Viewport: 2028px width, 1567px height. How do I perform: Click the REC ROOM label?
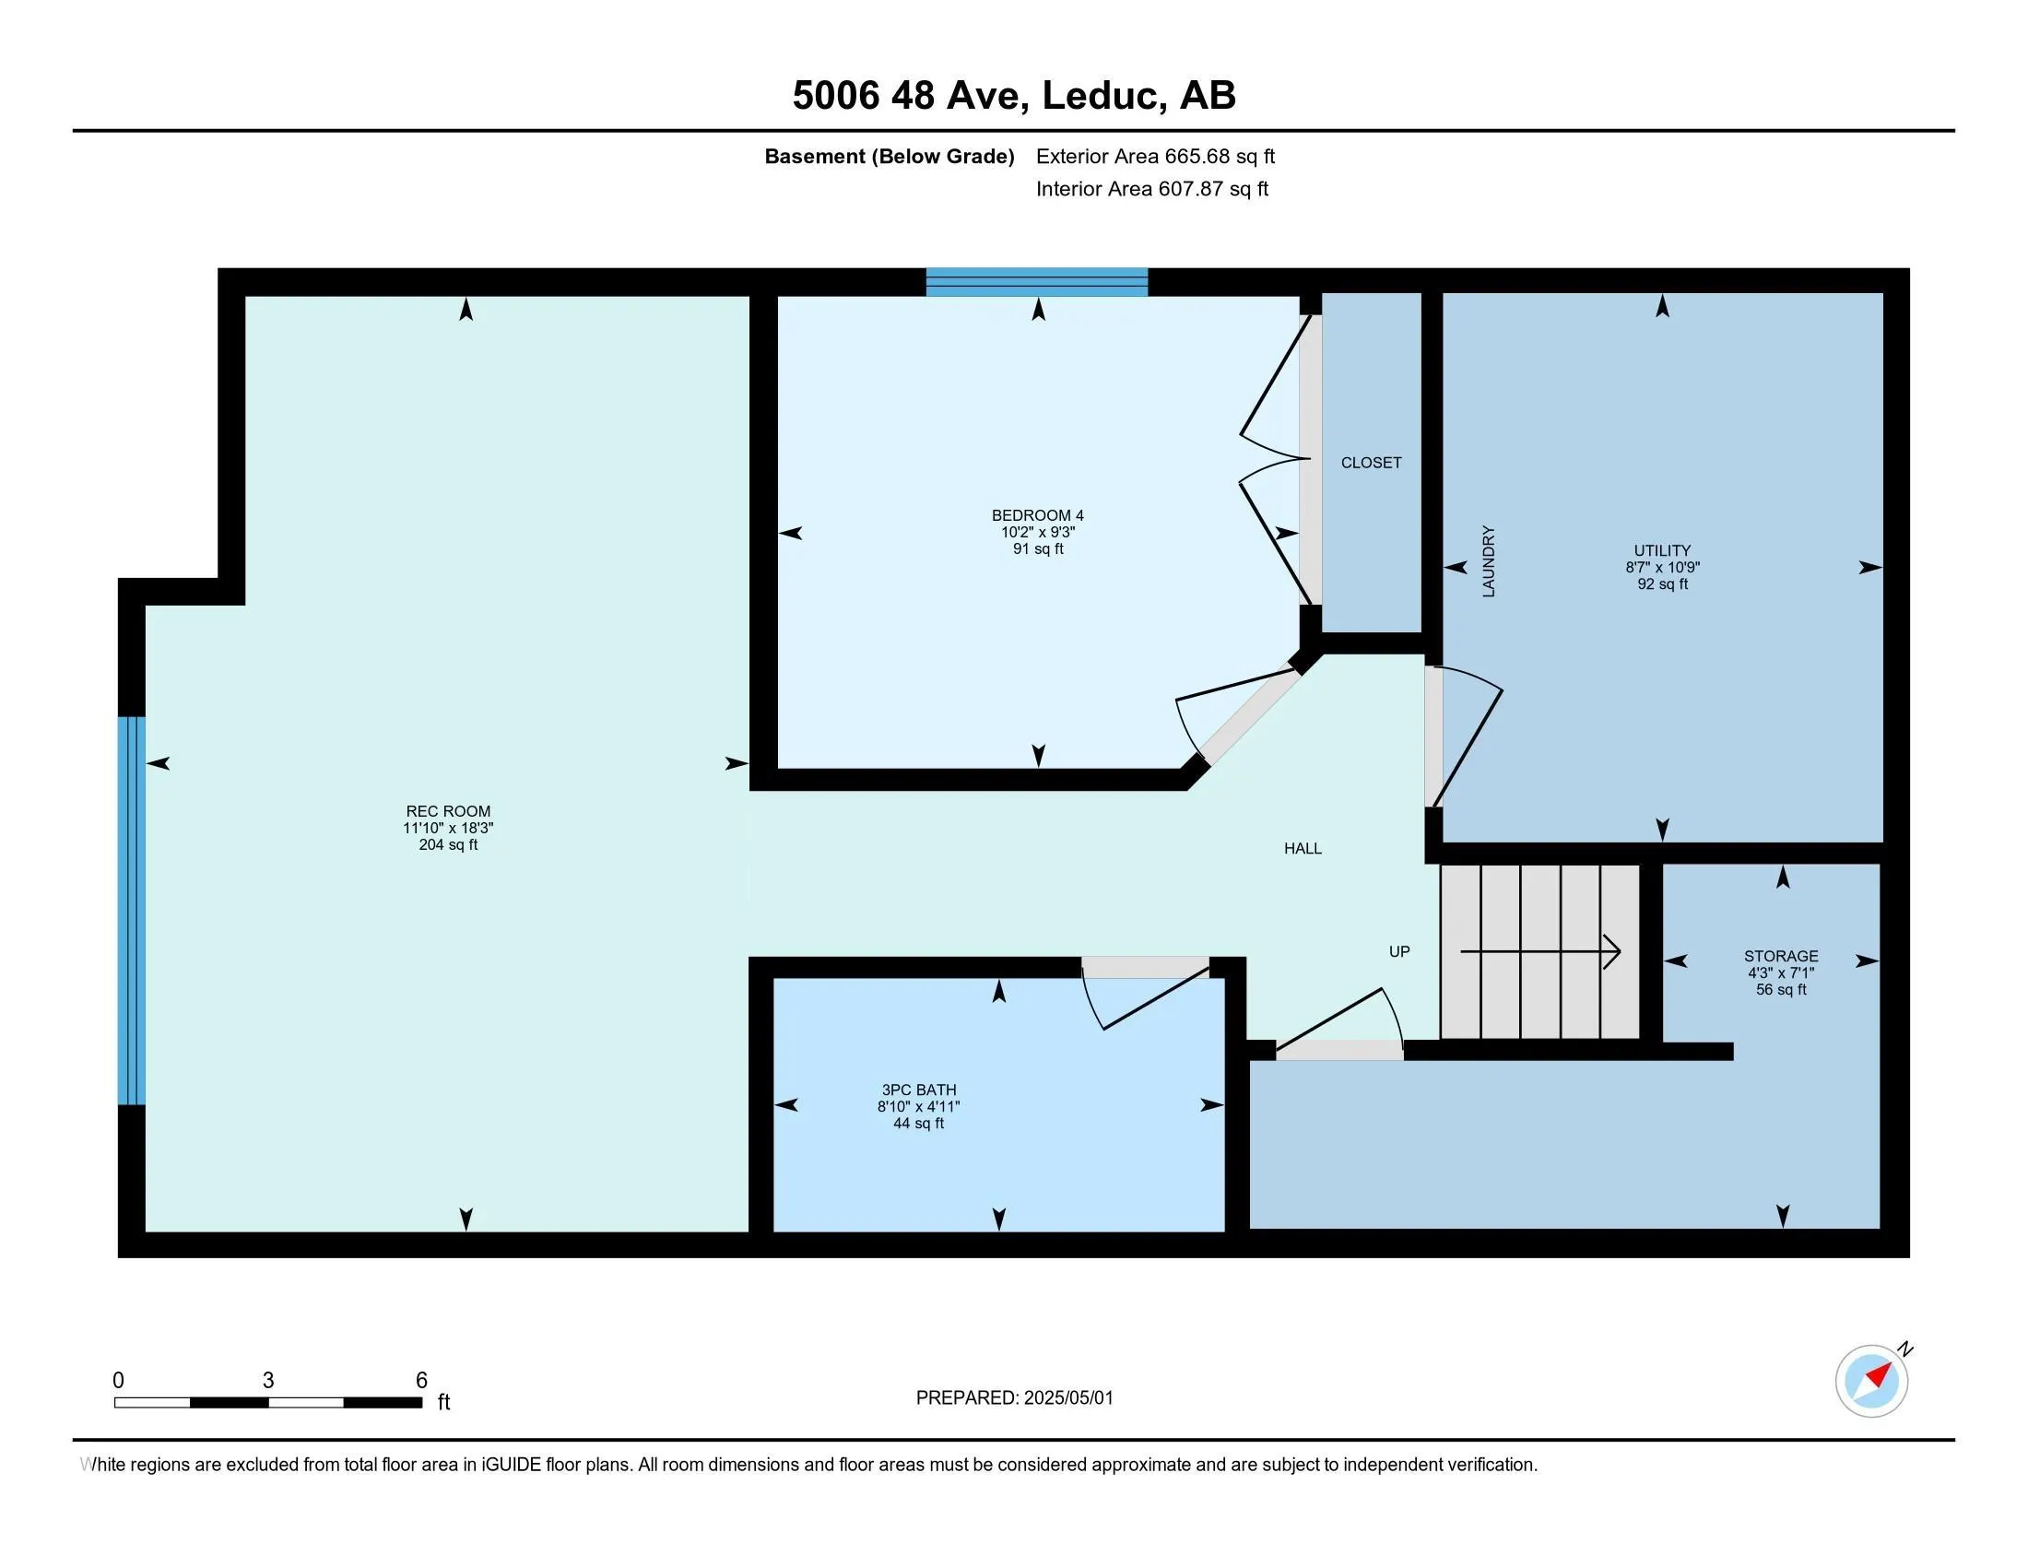[448, 810]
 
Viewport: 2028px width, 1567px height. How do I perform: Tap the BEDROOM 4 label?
[1037, 515]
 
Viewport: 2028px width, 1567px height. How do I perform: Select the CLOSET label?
[1371, 463]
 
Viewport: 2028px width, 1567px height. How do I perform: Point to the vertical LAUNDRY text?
[1489, 560]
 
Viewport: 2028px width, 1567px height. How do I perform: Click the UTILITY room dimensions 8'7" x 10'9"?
[1662, 567]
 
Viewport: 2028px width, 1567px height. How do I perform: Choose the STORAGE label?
[1780, 955]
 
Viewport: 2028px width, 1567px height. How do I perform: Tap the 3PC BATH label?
[918, 1090]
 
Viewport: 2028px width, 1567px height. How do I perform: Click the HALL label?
[1302, 847]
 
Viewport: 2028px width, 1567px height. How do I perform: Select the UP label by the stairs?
[1398, 950]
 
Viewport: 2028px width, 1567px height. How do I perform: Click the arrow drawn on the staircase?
[1541, 951]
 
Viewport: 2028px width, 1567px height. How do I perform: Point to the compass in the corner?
[1871, 1382]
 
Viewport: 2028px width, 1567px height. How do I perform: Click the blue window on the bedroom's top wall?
[1036, 281]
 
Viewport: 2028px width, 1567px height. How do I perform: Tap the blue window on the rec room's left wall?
[132, 910]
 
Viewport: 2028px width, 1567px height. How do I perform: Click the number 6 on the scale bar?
[420, 1381]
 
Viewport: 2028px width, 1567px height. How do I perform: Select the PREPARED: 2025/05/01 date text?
[1014, 1398]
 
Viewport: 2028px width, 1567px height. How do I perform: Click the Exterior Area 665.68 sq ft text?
[1155, 156]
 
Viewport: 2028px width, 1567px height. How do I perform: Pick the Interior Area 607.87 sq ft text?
[1151, 188]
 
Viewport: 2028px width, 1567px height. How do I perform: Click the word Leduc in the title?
[1103, 95]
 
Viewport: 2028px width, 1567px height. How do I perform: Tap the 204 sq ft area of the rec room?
[448, 844]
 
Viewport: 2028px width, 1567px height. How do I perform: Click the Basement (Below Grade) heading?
[889, 156]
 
